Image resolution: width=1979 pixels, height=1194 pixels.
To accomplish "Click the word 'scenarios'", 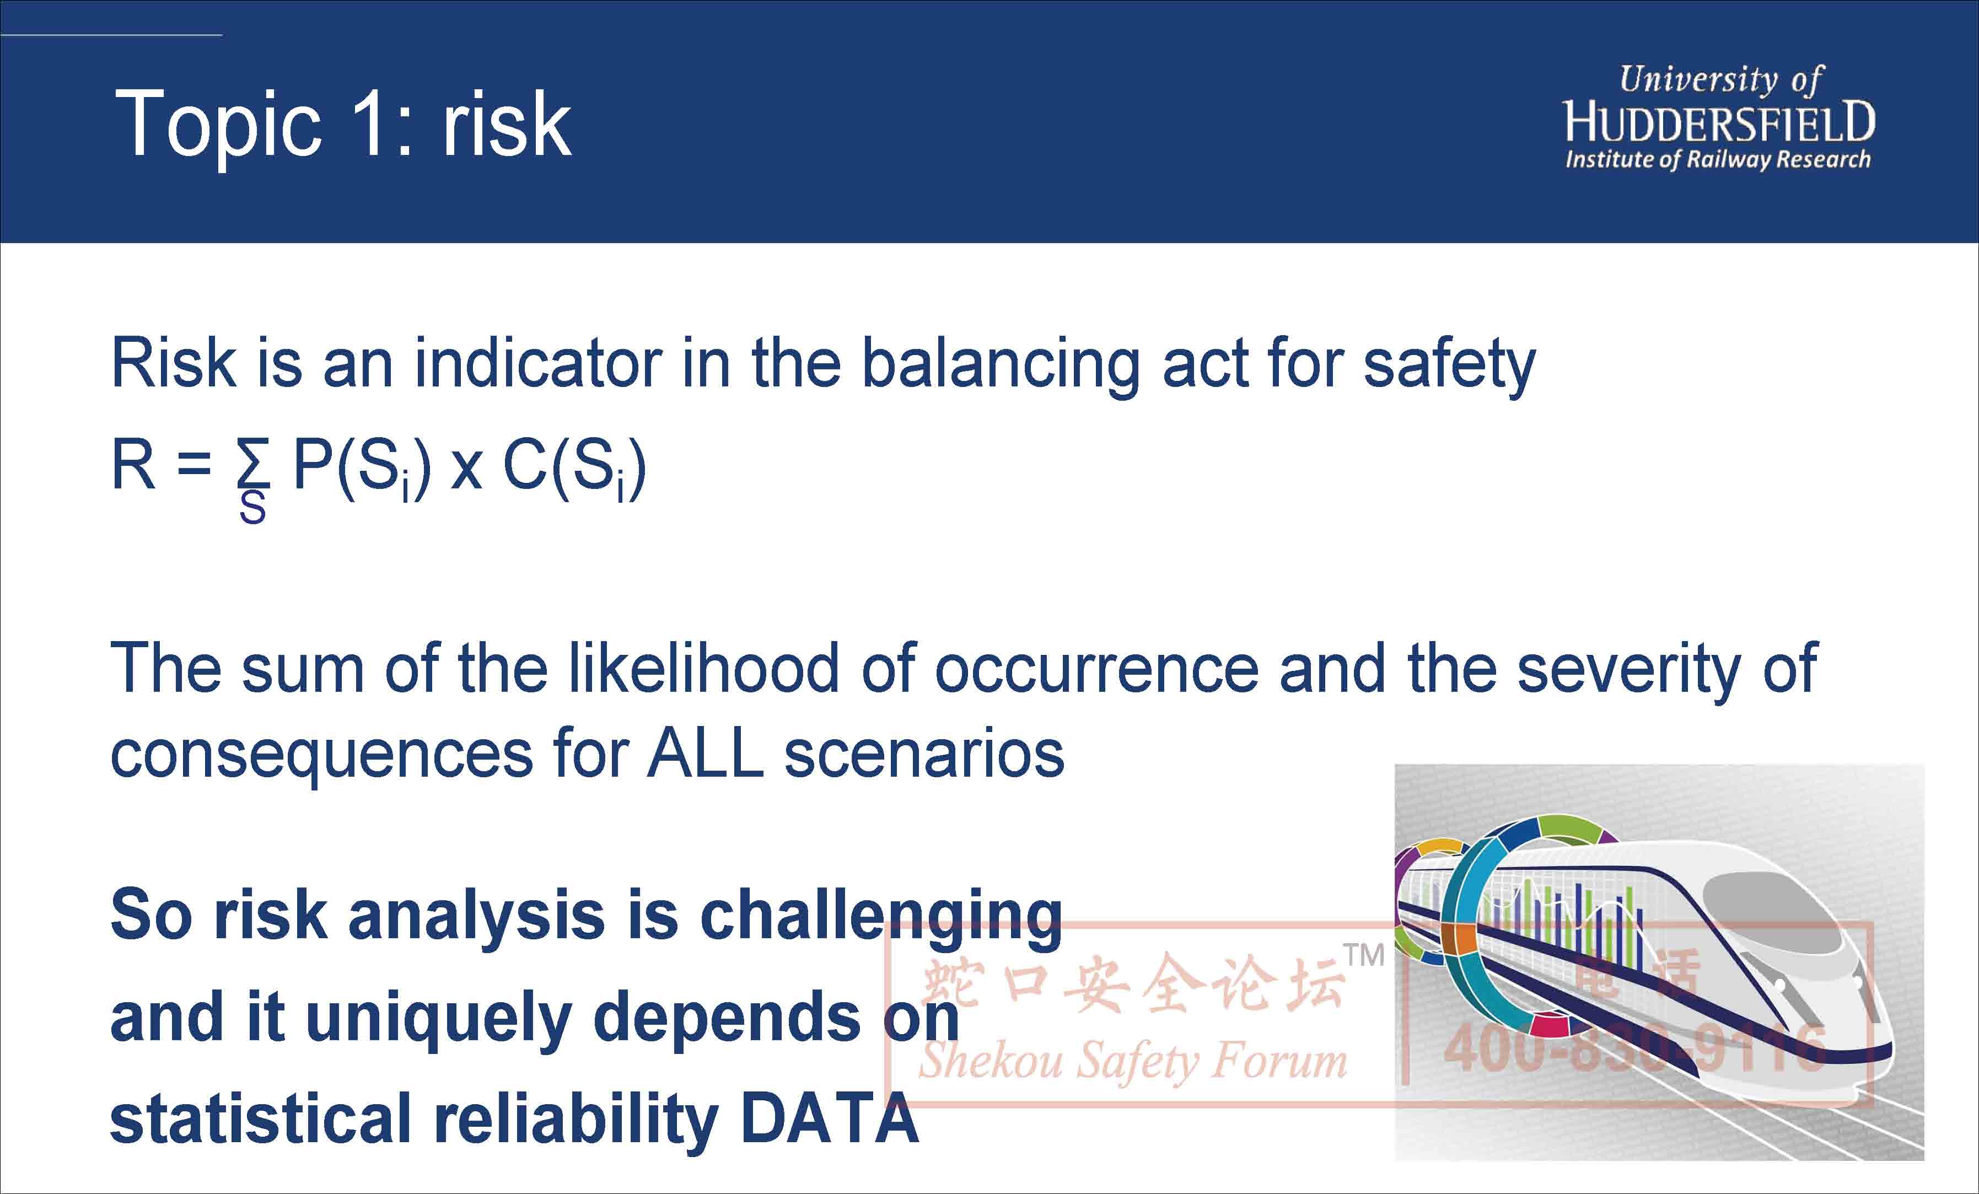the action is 924,755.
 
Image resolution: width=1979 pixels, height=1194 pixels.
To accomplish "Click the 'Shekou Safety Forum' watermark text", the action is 1132,1061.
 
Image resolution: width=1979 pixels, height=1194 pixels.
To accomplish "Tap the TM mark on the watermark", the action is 1364,955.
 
